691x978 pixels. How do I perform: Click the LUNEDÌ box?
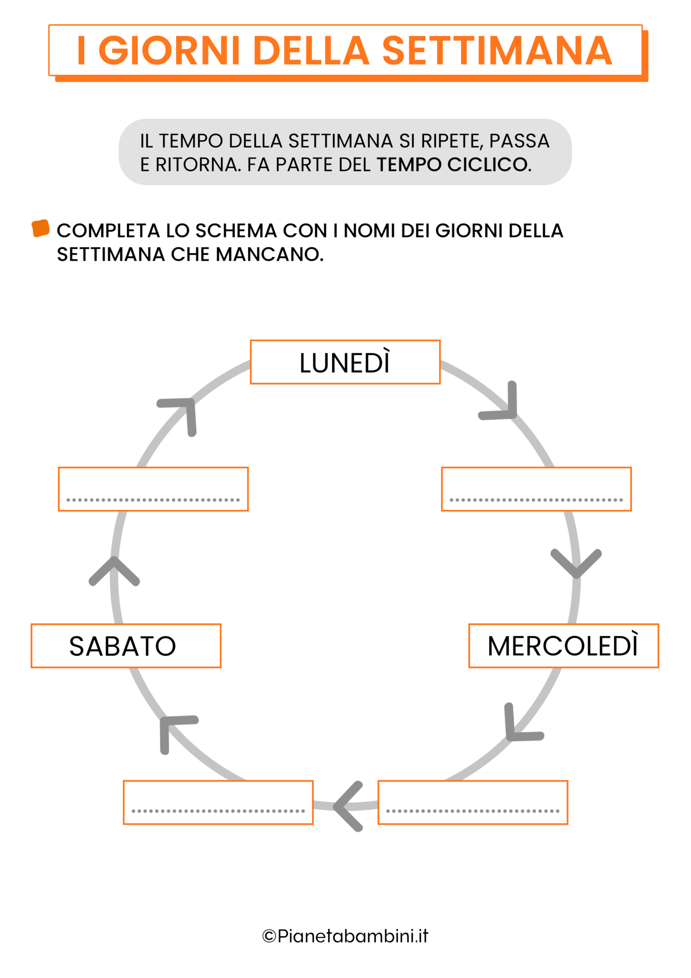[345, 362]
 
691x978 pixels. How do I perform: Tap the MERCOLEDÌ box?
[563, 646]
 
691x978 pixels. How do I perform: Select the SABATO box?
[126, 646]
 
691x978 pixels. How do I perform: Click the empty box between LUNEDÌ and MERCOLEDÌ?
[536, 489]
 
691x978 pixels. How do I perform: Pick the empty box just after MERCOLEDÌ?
[472, 802]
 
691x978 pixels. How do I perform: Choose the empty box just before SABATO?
[218, 802]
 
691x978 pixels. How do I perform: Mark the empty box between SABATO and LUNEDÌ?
[153, 489]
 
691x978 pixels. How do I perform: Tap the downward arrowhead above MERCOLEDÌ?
[576, 563]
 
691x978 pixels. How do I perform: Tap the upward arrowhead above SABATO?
[114, 570]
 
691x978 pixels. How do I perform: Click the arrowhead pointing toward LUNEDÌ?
[181, 413]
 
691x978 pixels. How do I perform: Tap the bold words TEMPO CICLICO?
[453, 165]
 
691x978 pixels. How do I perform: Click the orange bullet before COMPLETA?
[41, 228]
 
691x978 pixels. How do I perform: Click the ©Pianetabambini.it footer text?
[345, 936]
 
